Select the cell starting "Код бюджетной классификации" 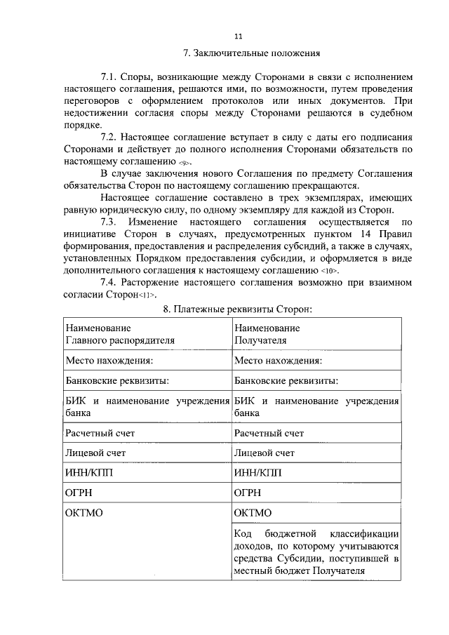click(x=316, y=552)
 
